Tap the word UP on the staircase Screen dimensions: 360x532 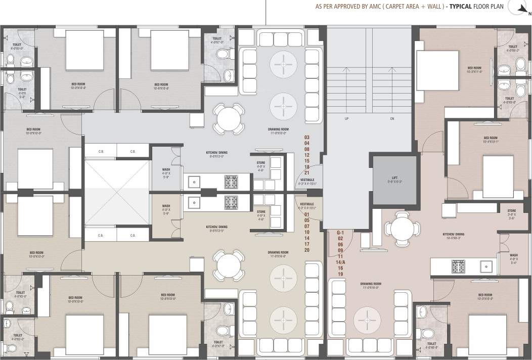click(x=347, y=119)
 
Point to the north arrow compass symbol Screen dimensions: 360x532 click(x=522, y=7)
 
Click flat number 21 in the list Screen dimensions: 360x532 click(x=306, y=173)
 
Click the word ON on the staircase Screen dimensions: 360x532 click(x=392, y=119)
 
